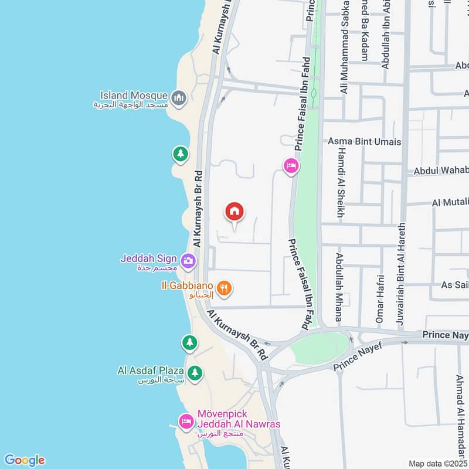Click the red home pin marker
(x=235, y=213)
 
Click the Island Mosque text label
(x=134, y=95)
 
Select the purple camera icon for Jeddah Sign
(x=188, y=260)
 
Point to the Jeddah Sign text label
(x=149, y=259)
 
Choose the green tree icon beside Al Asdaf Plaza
(x=195, y=372)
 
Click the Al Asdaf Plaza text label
(x=151, y=371)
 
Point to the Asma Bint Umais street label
(x=364, y=141)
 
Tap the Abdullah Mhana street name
(x=339, y=287)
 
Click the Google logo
(x=24, y=460)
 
